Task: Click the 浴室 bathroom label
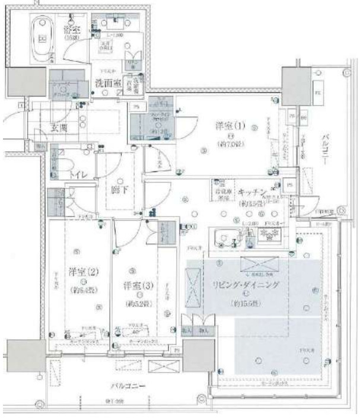coord(73,29)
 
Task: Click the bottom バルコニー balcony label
coord(129,386)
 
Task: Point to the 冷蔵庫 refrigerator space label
coord(221,194)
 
